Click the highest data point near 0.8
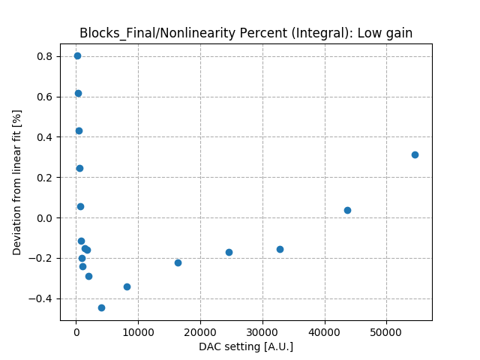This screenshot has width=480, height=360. click(77, 55)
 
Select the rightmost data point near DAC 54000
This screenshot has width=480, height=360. click(415, 154)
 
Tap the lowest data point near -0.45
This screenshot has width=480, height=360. click(101, 307)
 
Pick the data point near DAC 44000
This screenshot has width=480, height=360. click(347, 210)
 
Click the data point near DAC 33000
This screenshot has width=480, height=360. click(280, 249)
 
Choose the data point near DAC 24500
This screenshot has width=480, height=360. click(229, 252)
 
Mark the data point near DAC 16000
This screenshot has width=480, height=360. click(178, 262)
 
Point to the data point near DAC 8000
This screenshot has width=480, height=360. click(127, 286)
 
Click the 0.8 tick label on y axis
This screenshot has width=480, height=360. click(46, 56)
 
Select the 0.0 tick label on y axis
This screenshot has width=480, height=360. click(46, 218)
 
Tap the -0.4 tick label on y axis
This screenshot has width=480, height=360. click(43, 298)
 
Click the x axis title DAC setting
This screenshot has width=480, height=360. click(246, 346)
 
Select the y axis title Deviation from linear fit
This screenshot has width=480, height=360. click(17, 182)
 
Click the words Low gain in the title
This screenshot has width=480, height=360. click(388, 33)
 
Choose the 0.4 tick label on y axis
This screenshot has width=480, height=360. click(46, 137)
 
